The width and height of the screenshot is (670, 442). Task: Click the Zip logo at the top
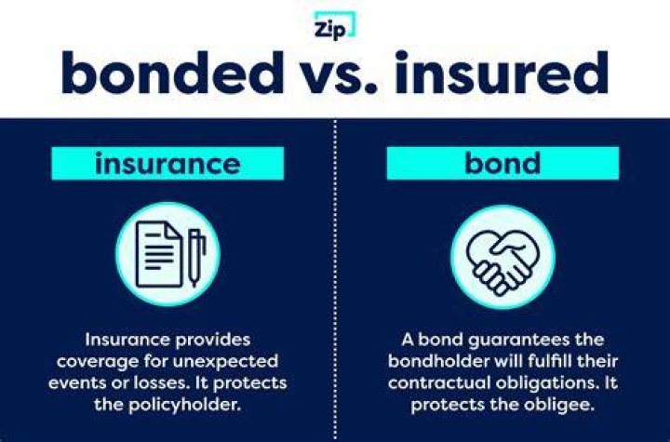click(334, 25)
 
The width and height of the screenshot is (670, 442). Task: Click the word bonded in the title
click(173, 73)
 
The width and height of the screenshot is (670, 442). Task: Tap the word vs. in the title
click(340, 78)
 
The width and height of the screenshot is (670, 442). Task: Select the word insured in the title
click(502, 73)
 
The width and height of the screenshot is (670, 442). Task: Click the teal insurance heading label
click(167, 163)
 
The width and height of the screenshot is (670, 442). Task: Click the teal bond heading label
click(502, 163)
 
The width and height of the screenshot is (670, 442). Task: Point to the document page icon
click(159, 254)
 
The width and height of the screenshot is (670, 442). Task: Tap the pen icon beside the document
click(196, 258)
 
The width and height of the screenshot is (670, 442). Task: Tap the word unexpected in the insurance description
click(225, 362)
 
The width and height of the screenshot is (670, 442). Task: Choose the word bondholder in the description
click(438, 361)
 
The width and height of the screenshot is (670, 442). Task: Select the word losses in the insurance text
click(161, 382)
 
